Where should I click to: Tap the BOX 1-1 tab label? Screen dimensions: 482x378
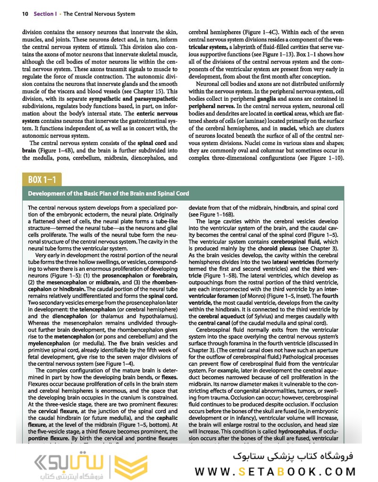[x=41, y=180]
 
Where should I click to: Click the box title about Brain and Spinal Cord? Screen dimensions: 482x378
[x=108, y=193]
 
